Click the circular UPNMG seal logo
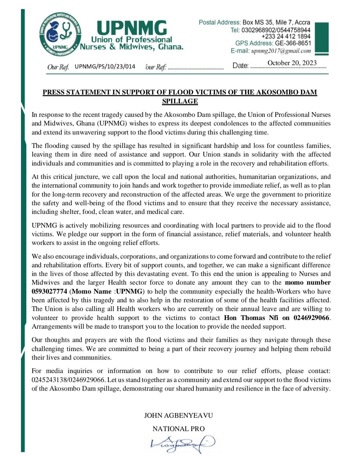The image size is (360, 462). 61,35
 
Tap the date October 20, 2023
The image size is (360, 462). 292,63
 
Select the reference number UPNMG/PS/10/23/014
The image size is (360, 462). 105,66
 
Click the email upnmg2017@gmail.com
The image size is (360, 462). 281,51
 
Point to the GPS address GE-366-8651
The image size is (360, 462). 293,43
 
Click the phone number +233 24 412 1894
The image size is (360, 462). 286,36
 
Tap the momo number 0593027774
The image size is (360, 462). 49,291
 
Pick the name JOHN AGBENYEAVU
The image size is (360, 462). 178,415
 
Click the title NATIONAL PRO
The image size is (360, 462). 178,429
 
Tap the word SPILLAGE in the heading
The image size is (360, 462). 180,101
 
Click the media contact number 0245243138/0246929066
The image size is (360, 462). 68,380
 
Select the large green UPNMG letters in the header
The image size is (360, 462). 132,28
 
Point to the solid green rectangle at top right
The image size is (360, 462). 321,38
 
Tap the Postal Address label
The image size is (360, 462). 219,22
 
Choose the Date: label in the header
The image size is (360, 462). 240,65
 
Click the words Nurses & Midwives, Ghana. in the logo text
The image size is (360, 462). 132,47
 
